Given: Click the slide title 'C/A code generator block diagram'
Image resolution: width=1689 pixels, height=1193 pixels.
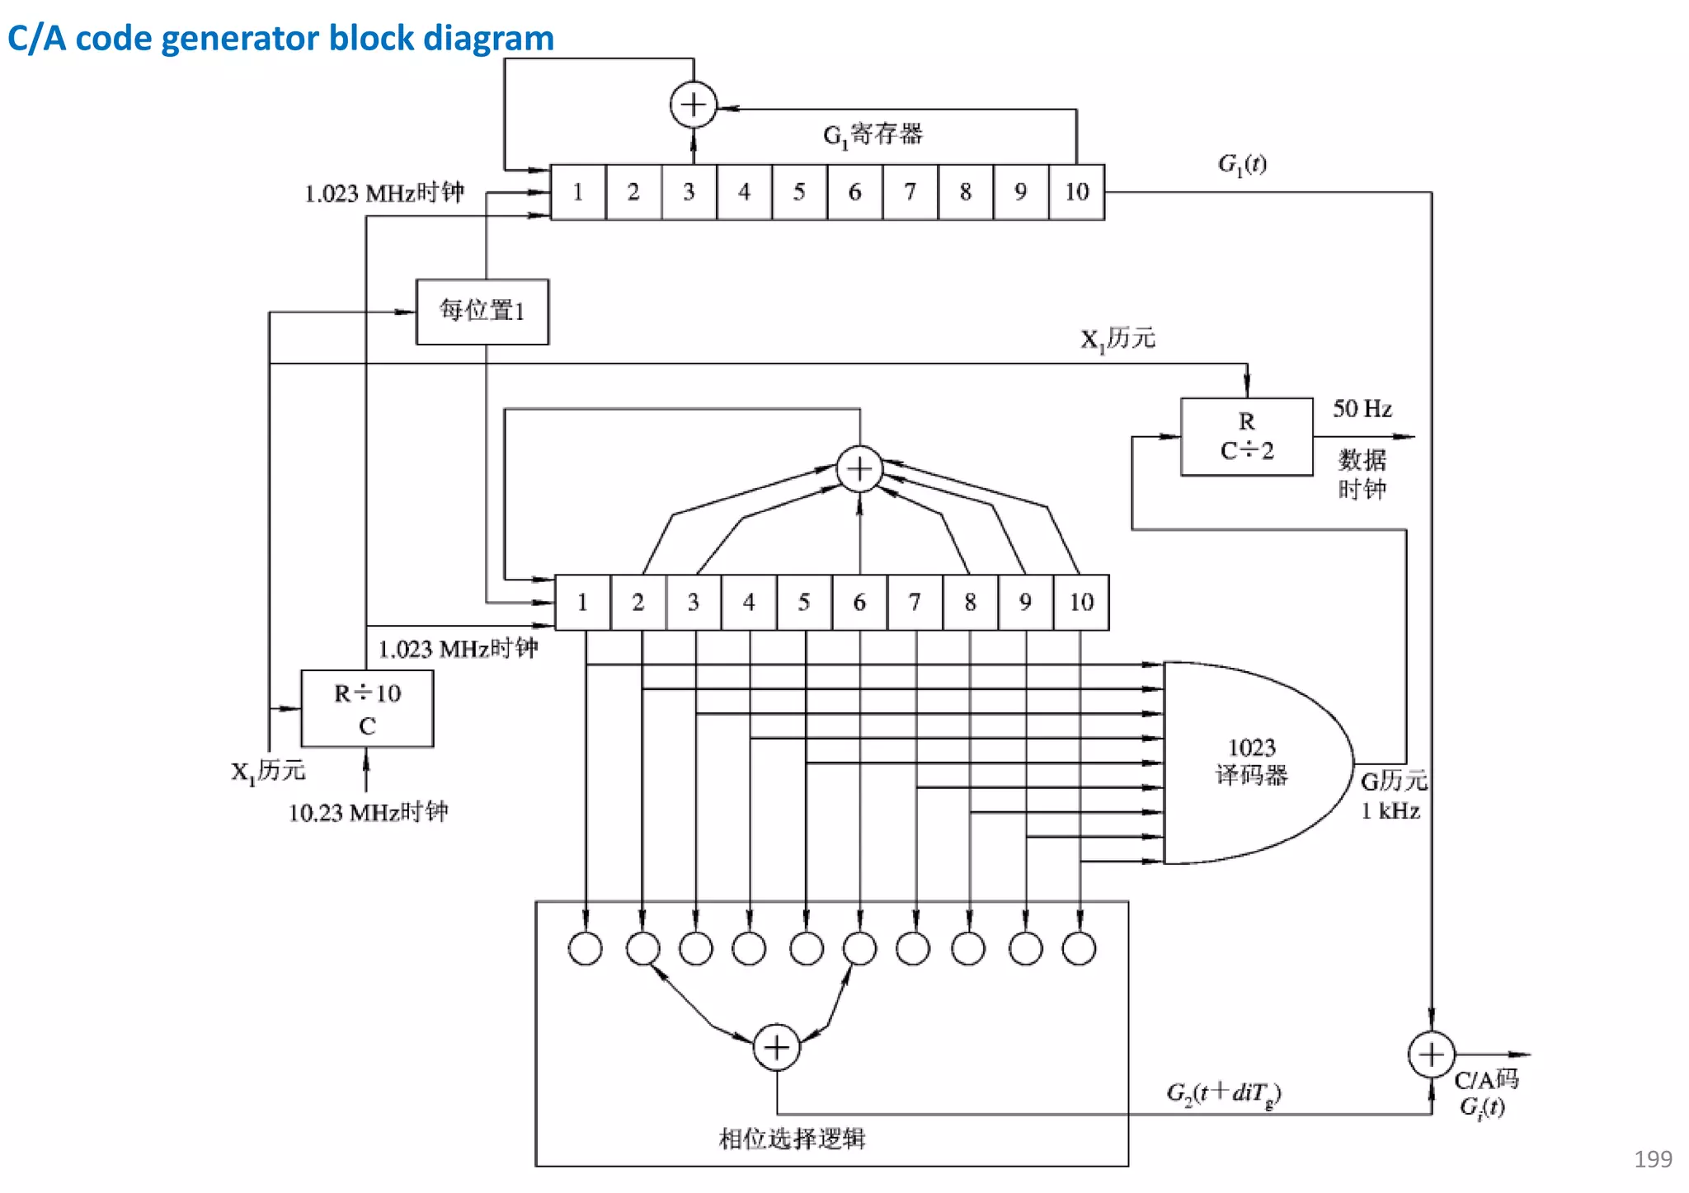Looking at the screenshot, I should coord(280,38).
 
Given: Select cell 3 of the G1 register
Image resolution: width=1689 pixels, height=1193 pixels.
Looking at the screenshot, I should coord(689,192).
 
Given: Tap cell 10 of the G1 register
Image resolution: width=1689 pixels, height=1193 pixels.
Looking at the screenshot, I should coord(1076,192).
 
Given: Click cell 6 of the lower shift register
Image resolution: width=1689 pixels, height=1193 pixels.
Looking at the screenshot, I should coord(859,603).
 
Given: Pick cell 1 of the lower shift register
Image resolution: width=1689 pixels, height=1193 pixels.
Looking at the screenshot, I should coord(582,603).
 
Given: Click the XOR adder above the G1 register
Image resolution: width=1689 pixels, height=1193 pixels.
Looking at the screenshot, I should coord(693,105).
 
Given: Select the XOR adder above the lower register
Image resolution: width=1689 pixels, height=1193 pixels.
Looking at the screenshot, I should coord(859,469).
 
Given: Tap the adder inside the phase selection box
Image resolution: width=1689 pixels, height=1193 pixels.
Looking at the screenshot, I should coord(776,1047).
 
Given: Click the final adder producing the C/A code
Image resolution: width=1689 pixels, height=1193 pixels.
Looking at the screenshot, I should coord(1431,1054).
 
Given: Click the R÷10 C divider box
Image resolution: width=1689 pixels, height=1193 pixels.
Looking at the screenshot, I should coord(367,709).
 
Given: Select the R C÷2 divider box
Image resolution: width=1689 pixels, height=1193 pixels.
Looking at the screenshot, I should coord(1246,437).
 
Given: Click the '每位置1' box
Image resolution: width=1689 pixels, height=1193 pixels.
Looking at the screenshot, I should coord(482,312).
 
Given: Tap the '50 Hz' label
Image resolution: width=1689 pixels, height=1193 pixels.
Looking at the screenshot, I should coord(1362,409).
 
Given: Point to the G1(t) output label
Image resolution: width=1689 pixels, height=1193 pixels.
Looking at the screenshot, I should coord(1242,164).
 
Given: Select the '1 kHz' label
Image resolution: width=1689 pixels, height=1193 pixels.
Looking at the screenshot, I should coord(1390,811).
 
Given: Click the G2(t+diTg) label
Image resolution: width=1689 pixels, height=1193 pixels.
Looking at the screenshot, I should coord(1223,1093).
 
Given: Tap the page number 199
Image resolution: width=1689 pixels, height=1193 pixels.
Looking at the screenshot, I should coord(1653,1159).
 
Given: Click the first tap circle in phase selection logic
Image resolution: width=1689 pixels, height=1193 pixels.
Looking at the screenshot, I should coord(586,948).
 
